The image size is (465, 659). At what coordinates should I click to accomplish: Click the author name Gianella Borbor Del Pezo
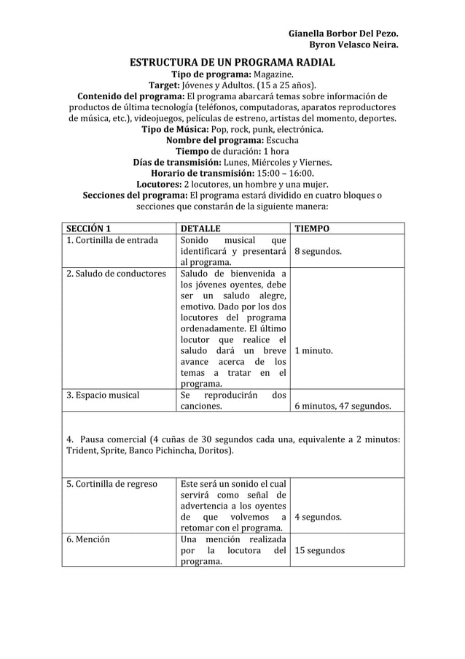tap(343, 34)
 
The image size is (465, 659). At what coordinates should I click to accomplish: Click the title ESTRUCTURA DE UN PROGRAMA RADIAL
tap(232, 62)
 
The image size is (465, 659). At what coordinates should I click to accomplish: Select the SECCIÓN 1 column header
tap(88, 228)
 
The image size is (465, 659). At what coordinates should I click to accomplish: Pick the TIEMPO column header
tap(311, 228)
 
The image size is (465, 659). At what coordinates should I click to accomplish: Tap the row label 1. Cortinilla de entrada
tap(112, 241)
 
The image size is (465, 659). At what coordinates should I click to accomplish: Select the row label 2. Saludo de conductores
tap(116, 274)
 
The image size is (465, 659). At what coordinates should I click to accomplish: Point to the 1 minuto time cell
tap(313, 350)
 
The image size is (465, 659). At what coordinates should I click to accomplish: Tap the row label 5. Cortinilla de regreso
tap(111, 484)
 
